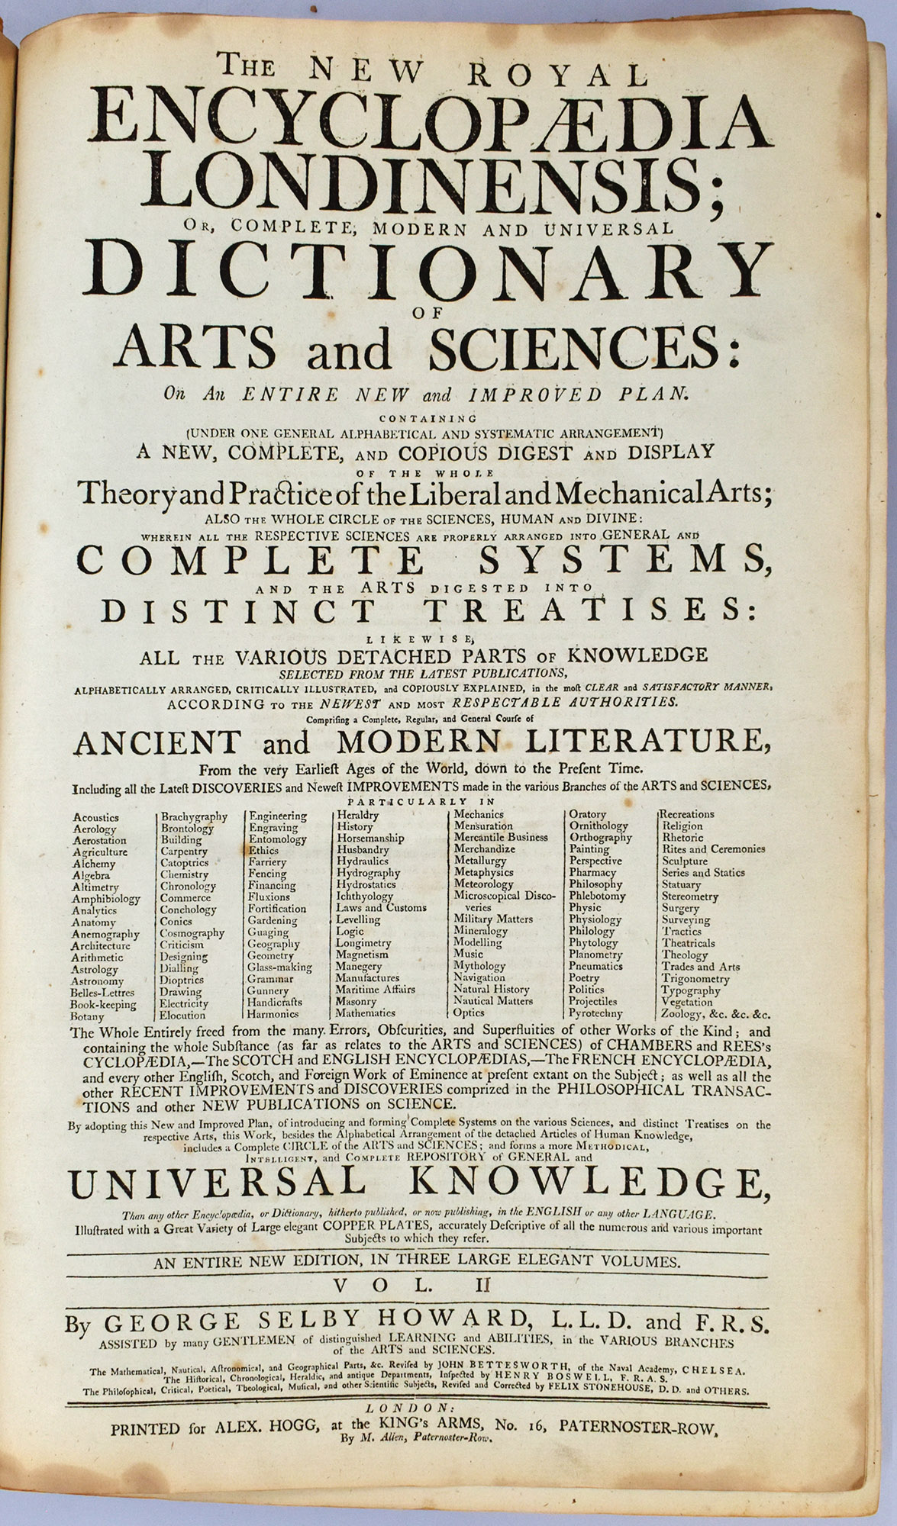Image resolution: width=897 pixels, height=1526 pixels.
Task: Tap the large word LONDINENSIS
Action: click(x=432, y=184)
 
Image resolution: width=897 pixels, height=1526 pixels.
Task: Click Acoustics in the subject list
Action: click(x=96, y=816)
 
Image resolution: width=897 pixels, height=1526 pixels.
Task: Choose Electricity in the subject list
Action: click(x=184, y=1004)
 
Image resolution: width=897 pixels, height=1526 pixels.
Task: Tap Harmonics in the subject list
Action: click(x=273, y=1015)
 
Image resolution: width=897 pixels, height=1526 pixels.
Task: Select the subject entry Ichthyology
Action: click(x=365, y=897)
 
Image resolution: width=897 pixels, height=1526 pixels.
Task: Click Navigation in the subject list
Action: click(x=479, y=977)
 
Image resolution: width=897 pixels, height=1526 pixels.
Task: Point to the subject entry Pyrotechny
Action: click(x=595, y=1013)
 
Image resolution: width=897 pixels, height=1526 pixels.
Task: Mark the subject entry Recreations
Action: click(x=687, y=814)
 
